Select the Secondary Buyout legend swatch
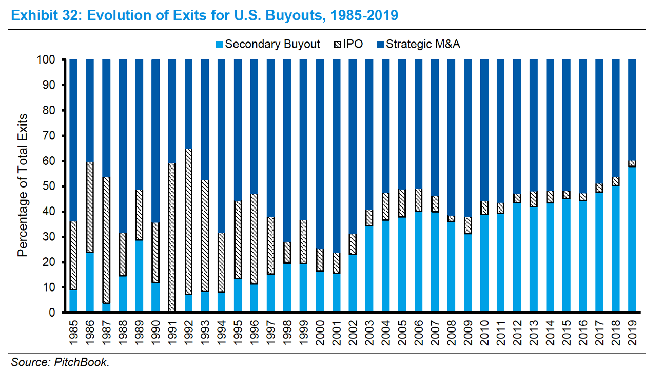[219, 44]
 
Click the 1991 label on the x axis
[172, 333]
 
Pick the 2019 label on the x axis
[632, 333]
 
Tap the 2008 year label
[451, 333]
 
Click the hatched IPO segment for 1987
[106, 241]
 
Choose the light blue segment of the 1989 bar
[139, 276]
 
